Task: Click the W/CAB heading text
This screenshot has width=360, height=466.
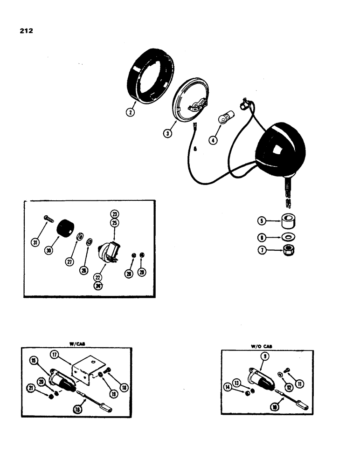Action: [75, 344]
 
